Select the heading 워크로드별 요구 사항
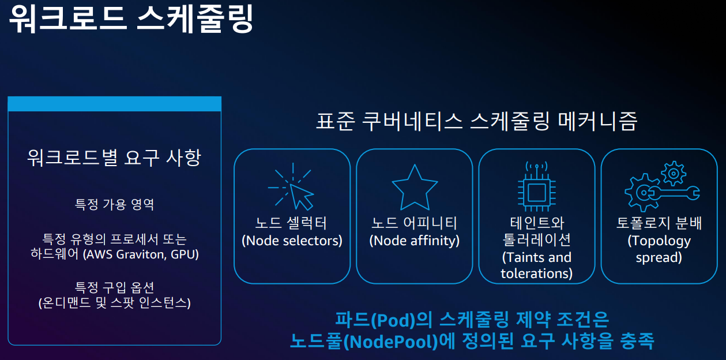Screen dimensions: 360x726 [114, 157]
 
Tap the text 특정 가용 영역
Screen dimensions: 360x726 [114, 204]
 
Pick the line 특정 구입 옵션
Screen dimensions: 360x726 [114, 287]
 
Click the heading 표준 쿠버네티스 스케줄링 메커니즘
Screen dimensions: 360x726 [477, 122]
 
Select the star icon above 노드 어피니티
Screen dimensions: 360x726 [415, 187]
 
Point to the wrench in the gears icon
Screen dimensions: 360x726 [675, 192]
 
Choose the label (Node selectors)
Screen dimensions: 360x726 [292, 241]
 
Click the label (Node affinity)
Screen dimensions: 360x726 [415, 241]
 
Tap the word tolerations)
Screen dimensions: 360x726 [536, 273]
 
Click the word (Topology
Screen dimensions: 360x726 [659, 241]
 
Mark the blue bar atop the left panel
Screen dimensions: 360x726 [114, 104]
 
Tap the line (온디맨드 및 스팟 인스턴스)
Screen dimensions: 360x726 [114, 303]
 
